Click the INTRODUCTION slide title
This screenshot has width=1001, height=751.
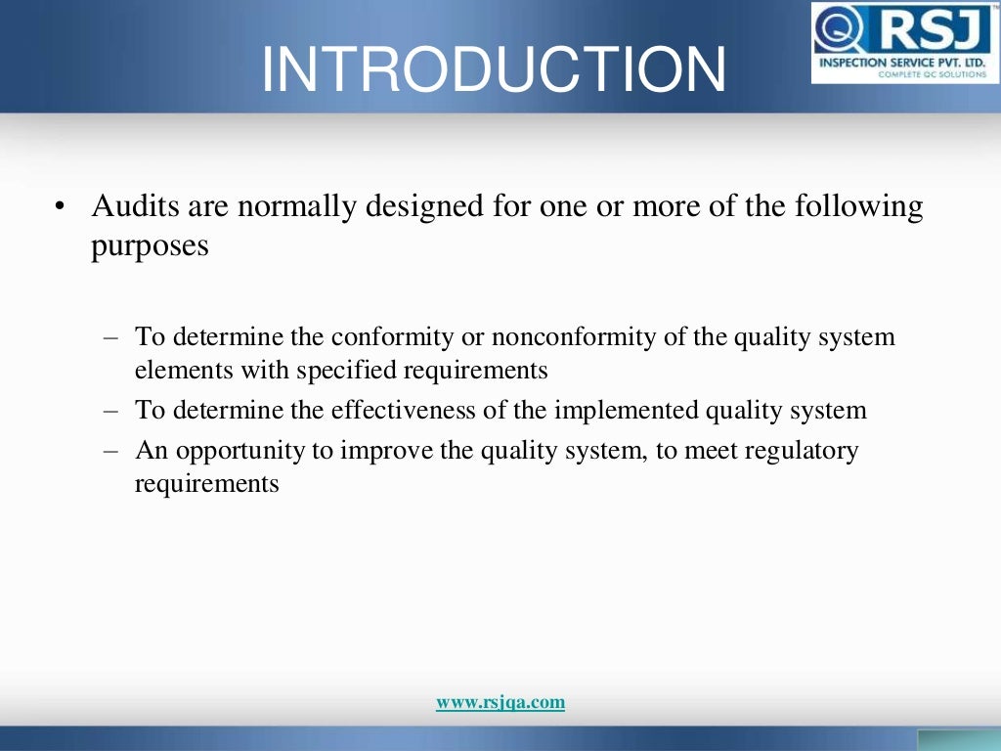click(494, 70)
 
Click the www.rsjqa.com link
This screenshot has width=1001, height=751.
click(500, 702)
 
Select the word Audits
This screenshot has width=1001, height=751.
click(128, 207)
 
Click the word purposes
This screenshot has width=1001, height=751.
click(150, 245)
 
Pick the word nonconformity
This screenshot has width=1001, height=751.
click(562, 337)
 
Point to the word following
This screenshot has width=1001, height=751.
click(859, 207)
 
